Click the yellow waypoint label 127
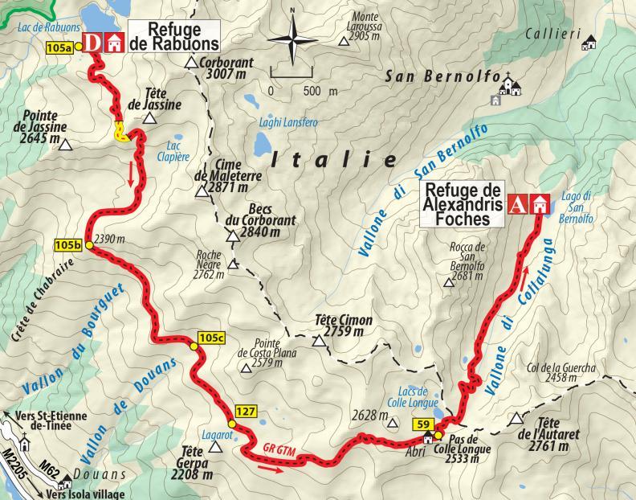(x=247, y=412)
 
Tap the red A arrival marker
(x=520, y=204)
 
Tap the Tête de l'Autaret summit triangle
(x=518, y=420)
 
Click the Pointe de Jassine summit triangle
(x=66, y=146)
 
